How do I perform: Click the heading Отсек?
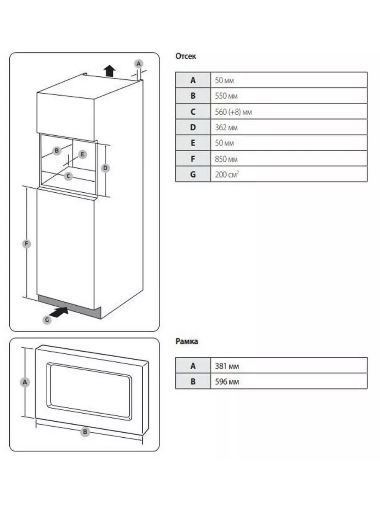(186, 56)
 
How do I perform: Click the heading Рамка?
(187, 342)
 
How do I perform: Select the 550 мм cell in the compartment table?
(226, 96)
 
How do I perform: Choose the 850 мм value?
(226, 159)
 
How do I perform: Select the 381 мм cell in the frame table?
(227, 366)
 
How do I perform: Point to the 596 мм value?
(227, 382)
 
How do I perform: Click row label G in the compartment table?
(193, 174)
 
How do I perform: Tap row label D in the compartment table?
(193, 127)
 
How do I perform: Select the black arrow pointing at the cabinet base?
(59, 312)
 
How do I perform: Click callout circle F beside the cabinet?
(26, 243)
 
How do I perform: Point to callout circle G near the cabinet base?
(47, 320)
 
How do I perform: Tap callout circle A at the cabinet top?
(138, 63)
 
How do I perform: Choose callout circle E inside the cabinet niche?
(83, 154)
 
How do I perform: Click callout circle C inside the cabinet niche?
(68, 176)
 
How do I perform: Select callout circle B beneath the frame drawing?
(85, 432)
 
